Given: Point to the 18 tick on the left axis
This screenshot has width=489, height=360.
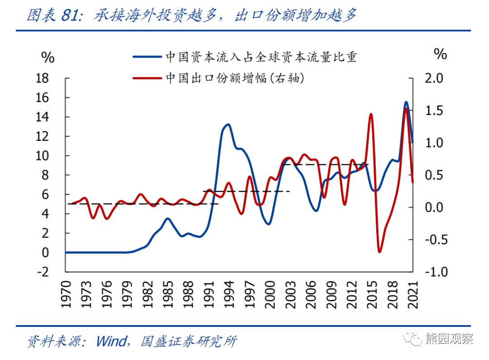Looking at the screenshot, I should click(42, 78).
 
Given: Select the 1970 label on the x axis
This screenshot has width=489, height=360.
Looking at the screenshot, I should click(66, 295).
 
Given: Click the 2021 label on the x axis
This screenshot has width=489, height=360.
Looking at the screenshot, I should click(412, 295).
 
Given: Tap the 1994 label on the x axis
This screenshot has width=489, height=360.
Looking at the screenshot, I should click(229, 295).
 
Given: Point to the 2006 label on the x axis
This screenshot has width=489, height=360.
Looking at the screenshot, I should click(311, 295).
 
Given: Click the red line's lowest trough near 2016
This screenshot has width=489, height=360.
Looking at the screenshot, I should click(379, 251).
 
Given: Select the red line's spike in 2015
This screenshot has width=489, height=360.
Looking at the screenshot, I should click(371, 114).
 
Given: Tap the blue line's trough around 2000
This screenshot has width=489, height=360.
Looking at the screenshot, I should click(269, 224).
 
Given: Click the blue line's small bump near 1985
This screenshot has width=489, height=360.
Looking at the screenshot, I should click(168, 219).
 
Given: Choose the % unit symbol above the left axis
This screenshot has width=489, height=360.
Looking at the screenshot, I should click(48, 58).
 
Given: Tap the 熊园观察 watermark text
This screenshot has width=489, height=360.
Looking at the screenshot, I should click(449, 339).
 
